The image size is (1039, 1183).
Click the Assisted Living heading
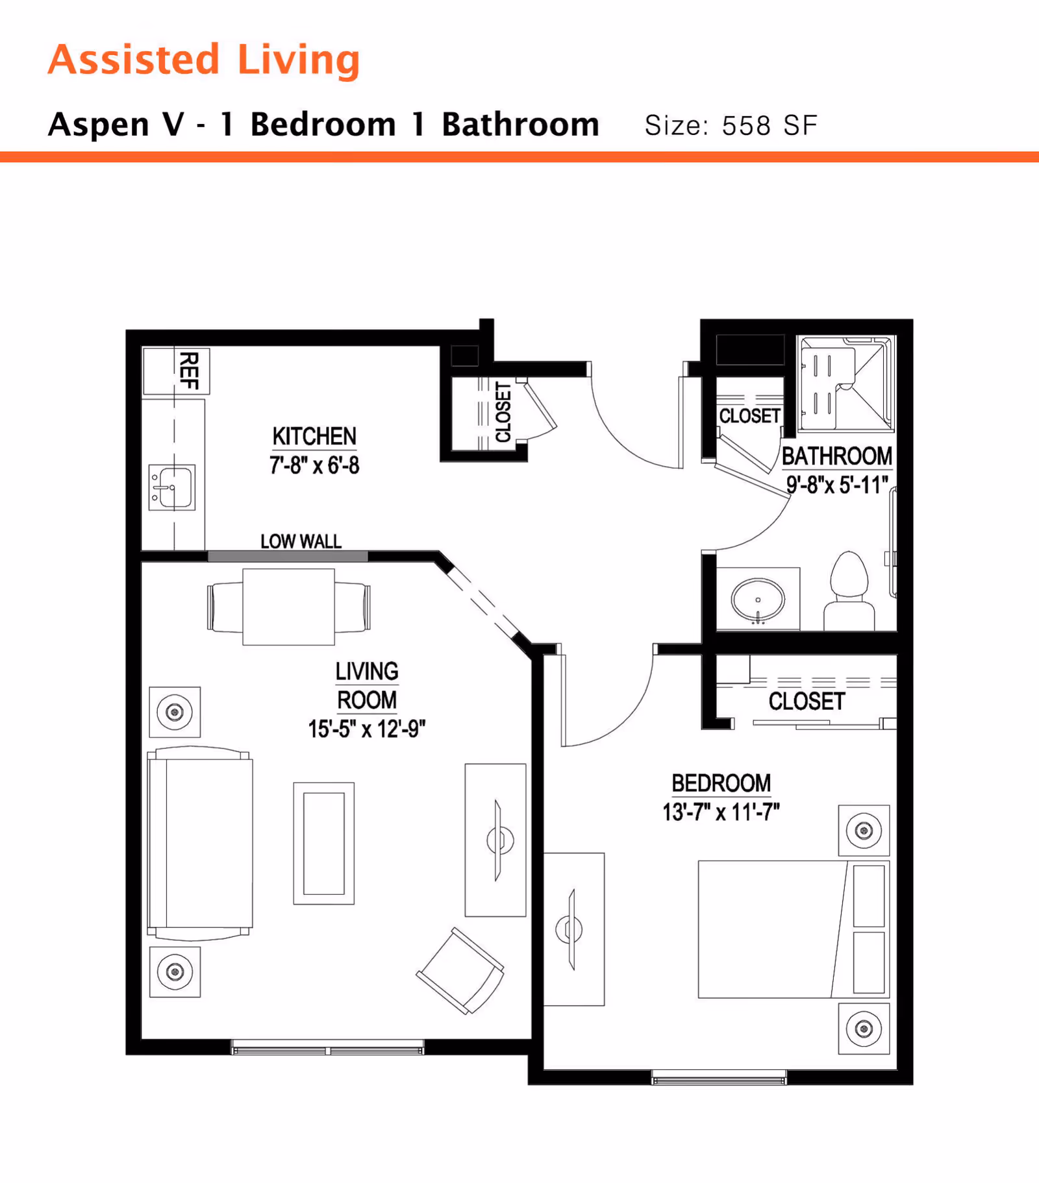(204, 60)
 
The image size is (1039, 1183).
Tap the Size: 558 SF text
(731, 125)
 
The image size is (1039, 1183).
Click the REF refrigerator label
(188, 370)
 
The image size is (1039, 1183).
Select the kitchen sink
(172, 487)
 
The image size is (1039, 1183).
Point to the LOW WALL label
(301, 541)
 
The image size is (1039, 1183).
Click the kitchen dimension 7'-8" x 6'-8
(314, 465)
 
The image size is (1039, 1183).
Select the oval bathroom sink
(758, 600)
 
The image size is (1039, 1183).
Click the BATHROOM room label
(836, 456)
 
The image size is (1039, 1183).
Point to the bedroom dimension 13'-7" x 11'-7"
(721, 812)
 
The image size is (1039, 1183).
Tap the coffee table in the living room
(323, 843)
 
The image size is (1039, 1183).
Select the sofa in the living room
(200, 843)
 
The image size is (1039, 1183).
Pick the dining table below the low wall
(288, 607)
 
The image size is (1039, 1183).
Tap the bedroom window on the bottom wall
(719, 1079)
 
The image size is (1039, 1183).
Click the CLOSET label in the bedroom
(807, 701)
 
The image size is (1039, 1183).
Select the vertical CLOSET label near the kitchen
(503, 412)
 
